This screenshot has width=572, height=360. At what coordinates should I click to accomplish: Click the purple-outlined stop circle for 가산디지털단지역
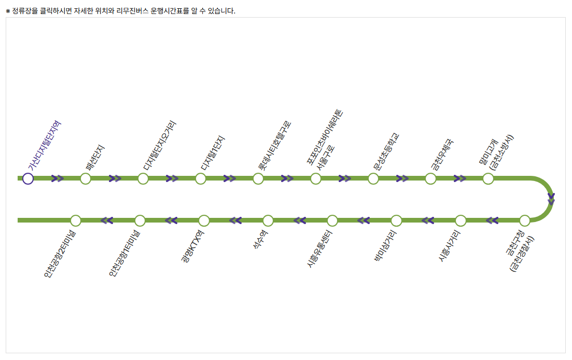(28, 178)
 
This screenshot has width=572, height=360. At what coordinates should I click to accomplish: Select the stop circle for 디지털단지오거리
(143, 178)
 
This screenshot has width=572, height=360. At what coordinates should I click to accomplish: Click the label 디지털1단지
(213, 154)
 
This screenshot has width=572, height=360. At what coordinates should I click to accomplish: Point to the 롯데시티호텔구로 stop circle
(258, 178)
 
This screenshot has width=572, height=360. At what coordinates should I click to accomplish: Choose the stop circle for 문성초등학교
(373, 178)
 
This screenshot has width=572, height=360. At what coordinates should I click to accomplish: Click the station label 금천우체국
(442, 154)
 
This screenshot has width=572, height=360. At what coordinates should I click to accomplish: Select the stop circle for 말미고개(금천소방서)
(488, 178)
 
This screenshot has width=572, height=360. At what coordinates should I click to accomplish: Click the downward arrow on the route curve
(551, 199)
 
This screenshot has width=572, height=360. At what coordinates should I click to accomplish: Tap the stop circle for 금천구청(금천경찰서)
(525, 220)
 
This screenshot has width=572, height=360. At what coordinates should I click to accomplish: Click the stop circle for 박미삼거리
(396, 220)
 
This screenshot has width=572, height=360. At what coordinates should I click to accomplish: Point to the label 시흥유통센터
(320, 249)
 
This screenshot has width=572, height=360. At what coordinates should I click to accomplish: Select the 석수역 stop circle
(268, 220)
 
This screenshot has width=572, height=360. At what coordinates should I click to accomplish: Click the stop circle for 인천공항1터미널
(139, 220)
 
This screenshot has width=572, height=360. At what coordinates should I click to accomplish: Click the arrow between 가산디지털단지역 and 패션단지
(58, 178)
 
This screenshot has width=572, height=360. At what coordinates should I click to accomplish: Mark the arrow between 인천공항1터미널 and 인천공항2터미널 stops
(107, 220)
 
